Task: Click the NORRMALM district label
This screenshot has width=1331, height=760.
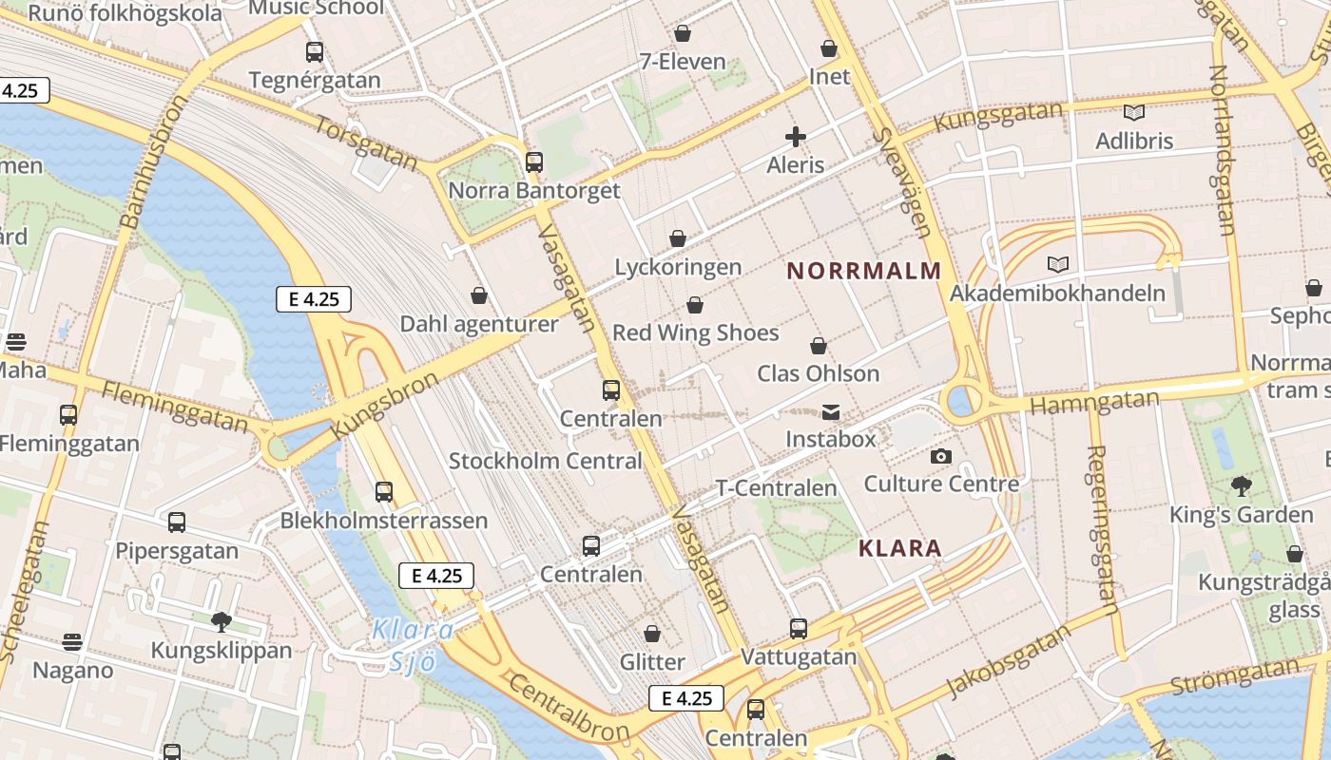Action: point(864,271)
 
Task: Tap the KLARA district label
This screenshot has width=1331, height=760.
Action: point(899,548)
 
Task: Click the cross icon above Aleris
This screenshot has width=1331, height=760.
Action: point(796,137)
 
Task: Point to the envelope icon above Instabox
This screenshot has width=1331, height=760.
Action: point(830,411)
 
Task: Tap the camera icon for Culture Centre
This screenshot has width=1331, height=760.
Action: point(941,456)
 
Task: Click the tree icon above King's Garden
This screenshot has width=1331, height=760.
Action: point(1241,486)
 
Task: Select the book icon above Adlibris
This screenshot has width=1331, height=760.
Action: point(1133,112)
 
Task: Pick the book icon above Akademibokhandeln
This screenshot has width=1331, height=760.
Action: point(1057,264)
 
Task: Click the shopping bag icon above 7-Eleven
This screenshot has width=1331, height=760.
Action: point(683,34)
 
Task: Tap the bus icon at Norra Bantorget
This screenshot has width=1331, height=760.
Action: point(534,162)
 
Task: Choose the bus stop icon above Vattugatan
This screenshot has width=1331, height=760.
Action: point(799,628)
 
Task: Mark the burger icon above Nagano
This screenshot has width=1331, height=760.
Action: point(72,642)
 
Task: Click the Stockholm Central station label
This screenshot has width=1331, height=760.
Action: point(546,462)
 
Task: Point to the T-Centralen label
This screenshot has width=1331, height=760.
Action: point(776,488)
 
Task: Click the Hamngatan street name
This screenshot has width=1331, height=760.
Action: point(1094,403)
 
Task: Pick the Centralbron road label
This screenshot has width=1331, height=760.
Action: point(568,708)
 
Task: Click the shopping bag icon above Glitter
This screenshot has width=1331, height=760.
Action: point(652,633)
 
